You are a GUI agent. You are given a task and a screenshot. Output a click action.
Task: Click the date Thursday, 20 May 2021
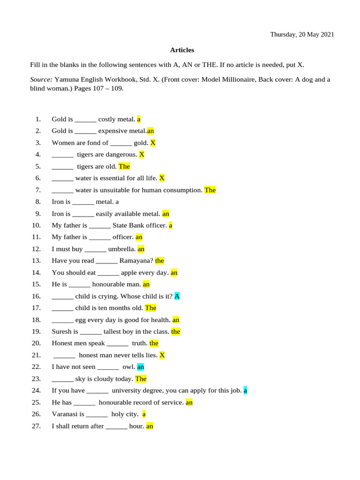(x=302, y=35)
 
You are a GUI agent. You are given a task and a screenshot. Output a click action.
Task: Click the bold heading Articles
(x=182, y=50)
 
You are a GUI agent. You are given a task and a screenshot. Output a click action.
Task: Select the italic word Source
(x=41, y=79)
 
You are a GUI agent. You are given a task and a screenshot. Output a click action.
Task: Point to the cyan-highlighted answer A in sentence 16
(x=177, y=296)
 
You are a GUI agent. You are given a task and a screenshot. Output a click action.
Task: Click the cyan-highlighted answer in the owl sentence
(x=141, y=367)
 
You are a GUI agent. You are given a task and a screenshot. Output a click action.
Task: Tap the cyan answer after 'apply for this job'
(x=245, y=390)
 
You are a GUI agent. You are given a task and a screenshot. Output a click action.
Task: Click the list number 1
(x=38, y=119)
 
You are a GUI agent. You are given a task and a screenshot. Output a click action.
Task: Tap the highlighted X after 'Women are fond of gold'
(x=153, y=142)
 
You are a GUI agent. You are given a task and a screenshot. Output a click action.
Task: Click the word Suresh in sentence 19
(x=62, y=331)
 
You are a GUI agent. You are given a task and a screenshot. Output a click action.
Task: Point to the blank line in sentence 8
(x=83, y=202)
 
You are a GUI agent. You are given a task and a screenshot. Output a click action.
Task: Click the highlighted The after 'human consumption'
(x=210, y=190)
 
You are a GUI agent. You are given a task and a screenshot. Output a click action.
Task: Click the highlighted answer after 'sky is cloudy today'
(x=141, y=379)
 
